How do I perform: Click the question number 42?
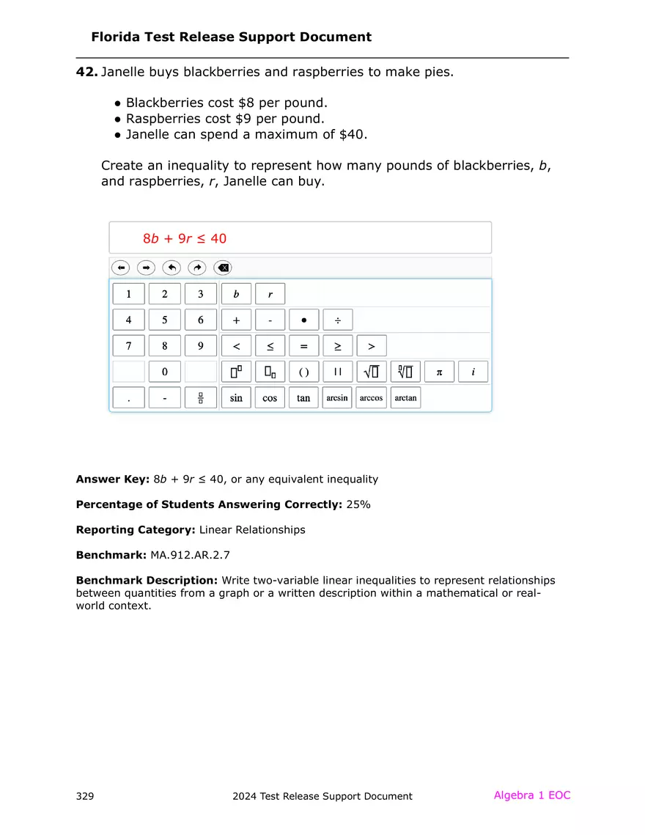pos(86,73)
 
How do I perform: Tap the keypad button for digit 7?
pos(129,346)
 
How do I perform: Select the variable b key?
pos(236,294)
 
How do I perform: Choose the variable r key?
pos(270,294)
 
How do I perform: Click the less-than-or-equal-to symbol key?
pos(270,346)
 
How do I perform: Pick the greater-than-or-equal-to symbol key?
pos(338,346)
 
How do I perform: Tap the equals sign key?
pos(303,346)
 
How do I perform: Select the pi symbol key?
pos(439,372)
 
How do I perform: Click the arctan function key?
pos(405,398)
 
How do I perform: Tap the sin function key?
pos(236,398)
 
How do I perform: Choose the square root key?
pos(372,372)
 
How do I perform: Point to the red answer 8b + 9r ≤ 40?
pos(185,238)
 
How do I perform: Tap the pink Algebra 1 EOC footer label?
pos(531,795)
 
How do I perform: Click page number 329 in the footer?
pos(84,796)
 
